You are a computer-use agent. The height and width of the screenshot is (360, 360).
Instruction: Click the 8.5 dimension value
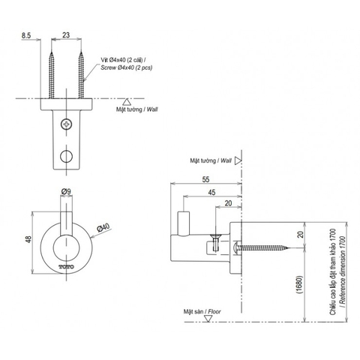pyautogui.click(x=26, y=34)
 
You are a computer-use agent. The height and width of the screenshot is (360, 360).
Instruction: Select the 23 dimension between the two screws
pyautogui.click(x=67, y=34)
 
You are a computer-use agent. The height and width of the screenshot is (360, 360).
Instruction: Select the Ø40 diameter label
pyautogui.click(x=102, y=227)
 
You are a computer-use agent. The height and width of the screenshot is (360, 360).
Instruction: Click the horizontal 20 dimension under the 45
pyautogui.click(x=226, y=203)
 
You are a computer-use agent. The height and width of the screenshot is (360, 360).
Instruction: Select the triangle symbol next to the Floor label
pyautogui.click(x=211, y=316)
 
